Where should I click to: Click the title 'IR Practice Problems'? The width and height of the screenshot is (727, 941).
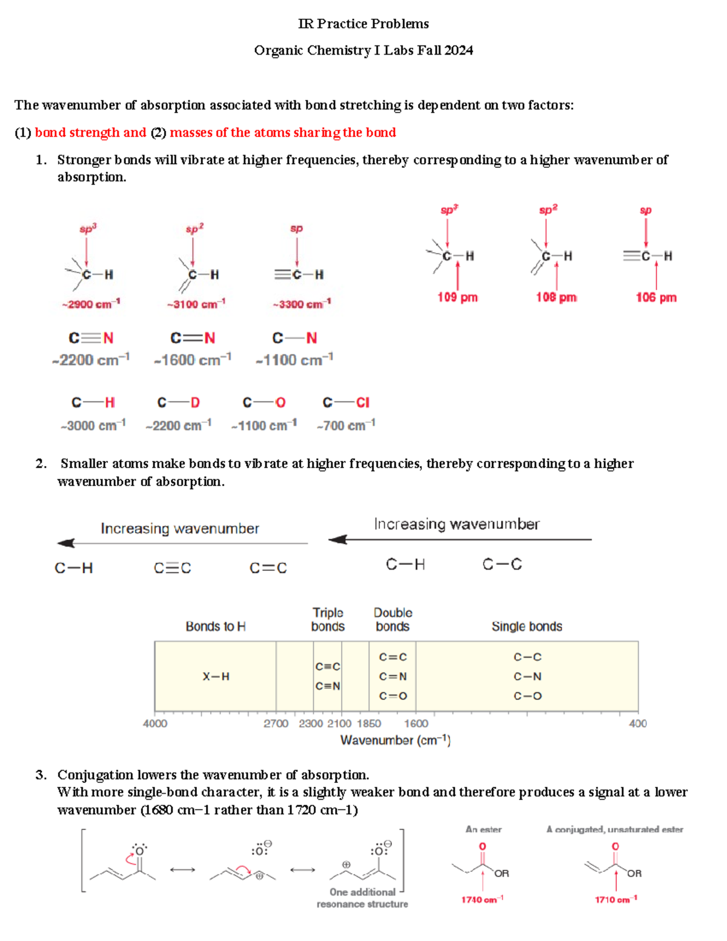click(x=363, y=24)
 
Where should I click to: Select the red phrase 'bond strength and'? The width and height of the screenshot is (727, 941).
click(x=90, y=132)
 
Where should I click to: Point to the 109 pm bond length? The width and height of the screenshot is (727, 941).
click(x=457, y=297)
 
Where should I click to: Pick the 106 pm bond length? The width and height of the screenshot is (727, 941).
click(x=656, y=297)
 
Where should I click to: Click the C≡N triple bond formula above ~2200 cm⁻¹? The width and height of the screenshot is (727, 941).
click(x=91, y=337)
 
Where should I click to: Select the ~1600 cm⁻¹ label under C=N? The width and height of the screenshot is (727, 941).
click(x=193, y=360)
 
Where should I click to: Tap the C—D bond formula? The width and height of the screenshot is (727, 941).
click(x=178, y=402)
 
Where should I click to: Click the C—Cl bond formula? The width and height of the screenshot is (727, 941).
click(x=346, y=402)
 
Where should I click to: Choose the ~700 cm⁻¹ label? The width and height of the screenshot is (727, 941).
click(x=346, y=425)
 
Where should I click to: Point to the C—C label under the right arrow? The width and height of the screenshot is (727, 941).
click(x=502, y=564)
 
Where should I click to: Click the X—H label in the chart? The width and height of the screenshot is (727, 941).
click(x=216, y=676)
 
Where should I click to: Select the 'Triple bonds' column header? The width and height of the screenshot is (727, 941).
click(x=328, y=619)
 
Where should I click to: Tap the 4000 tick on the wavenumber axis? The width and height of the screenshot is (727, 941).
click(x=155, y=723)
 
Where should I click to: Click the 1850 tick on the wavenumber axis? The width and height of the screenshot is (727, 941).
click(x=369, y=723)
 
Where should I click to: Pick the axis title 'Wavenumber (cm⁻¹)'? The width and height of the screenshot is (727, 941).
click(x=395, y=740)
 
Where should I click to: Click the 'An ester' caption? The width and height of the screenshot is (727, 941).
click(x=483, y=829)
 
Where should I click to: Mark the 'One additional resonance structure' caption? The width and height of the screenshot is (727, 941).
click(x=362, y=897)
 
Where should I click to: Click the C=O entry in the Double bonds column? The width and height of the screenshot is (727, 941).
click(x=393, y=696)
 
